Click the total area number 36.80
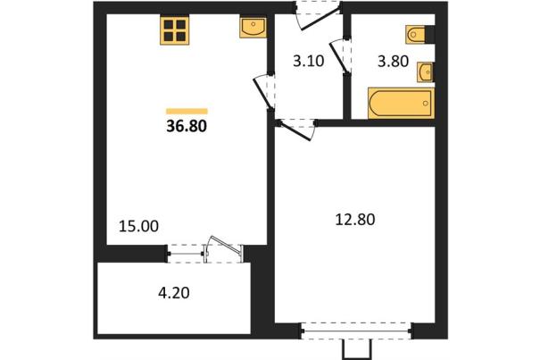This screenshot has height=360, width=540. point(187,126)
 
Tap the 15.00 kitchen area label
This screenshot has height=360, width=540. point(138,226)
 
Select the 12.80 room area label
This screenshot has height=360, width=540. point(355,220)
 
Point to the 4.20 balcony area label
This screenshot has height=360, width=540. point(174,293)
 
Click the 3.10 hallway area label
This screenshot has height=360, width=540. point(309,61)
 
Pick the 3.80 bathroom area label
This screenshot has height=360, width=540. point(393,61)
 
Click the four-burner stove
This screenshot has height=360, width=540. point(175,30)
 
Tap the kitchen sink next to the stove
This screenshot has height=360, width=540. point(253,28)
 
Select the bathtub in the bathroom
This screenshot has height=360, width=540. point(402,103)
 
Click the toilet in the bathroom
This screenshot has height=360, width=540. point(416,34)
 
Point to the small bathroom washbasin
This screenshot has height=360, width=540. point(426,72)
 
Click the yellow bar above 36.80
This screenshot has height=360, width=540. point(187,111)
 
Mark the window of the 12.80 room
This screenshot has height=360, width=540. point(356,331)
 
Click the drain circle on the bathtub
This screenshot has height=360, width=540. point(426,103)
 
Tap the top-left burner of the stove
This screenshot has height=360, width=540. point(169,24)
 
